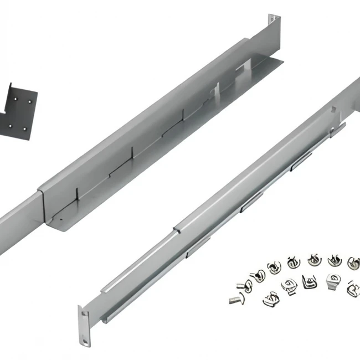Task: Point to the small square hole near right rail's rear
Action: tap(334, 109)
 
